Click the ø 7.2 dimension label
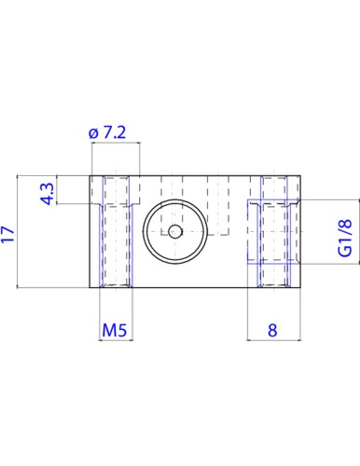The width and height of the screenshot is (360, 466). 107,132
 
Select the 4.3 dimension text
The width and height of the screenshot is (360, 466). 48,194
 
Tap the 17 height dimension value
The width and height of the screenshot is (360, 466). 7,234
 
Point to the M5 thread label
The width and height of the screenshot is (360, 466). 115,330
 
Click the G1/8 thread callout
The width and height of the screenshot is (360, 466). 345,238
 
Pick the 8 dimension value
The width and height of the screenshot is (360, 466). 272,330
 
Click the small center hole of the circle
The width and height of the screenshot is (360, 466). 175,231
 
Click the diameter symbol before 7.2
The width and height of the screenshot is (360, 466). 93,133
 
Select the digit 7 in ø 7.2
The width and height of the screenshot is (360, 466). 108,132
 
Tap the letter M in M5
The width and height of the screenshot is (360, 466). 108,330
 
